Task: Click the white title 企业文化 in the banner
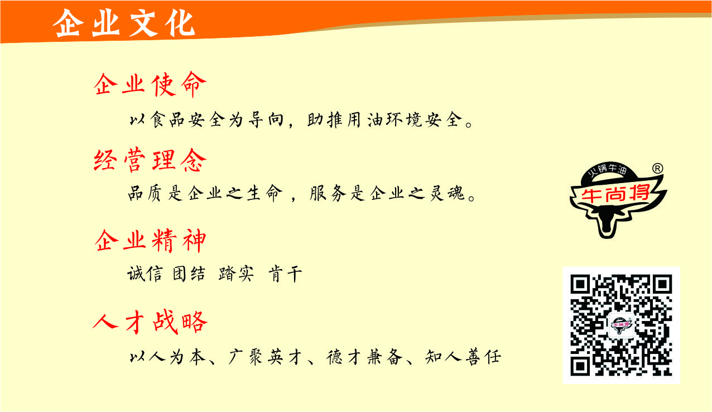(x=124, y=23)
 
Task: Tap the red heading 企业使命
(x=150, y=84)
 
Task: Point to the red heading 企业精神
(x=150, y=241)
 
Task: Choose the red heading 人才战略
(x=150, y=322)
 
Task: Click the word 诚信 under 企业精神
(x=145, y=274)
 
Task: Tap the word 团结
(x=189, y=274)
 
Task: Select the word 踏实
(x=236, y=274)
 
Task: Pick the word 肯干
(x=285, y=274)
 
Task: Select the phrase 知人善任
(x=463, y=357)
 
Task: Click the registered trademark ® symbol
(x=657, y=168)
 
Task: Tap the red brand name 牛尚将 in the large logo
(x=615, y=193)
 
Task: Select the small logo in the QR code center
(x=621, y=325)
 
